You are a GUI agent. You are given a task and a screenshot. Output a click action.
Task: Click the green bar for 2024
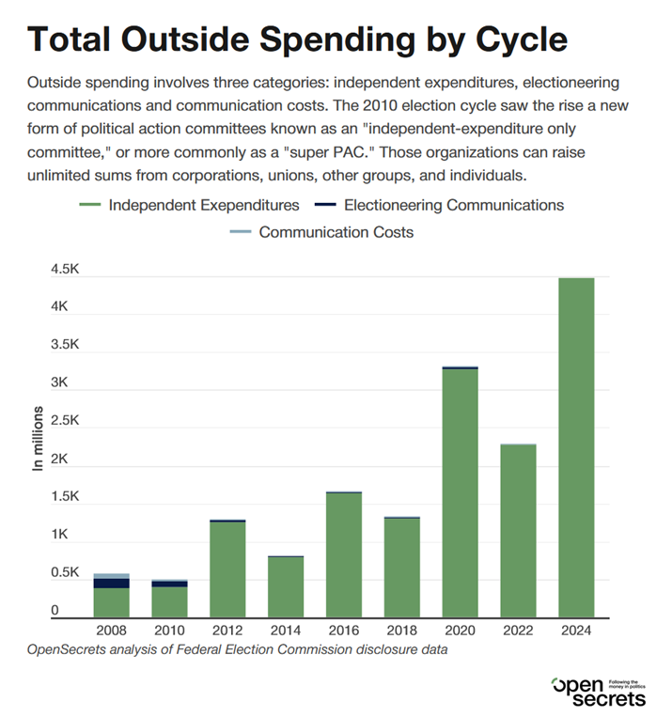click(576, 447)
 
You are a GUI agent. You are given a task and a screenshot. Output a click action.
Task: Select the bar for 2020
click(460, 492)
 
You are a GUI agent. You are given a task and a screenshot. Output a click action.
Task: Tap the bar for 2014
click(286, 586)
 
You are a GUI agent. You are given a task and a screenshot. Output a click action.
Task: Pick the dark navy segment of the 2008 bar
click(111, 583)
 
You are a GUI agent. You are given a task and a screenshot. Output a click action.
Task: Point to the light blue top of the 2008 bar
click(111, 576)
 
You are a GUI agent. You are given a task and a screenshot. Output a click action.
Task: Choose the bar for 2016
click(344, 554)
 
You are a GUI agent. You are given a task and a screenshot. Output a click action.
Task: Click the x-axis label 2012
click(227, 631)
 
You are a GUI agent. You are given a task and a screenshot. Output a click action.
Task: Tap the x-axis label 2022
click(518, 631)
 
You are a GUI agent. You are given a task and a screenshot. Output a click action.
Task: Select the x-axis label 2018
click(401, 631)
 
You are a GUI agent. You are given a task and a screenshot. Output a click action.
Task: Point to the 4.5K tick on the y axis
click(65, 269)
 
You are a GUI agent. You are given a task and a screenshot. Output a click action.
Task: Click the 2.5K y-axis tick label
click(65, 420)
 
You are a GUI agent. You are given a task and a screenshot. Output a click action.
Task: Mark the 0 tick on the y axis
click(55, 610)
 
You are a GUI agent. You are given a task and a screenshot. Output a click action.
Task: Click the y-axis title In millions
click(38, 438)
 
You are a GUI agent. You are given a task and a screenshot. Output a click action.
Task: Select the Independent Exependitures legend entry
click(189, 205)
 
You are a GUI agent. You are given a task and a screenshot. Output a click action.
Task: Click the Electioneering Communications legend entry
click(439, 205)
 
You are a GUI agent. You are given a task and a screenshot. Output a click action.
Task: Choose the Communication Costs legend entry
click(321, 232)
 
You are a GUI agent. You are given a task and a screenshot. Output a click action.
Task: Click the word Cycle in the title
click(522, 39)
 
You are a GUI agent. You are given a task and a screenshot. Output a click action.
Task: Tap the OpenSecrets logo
click(599, 692)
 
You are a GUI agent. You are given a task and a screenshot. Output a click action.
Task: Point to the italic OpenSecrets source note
click(238, 649)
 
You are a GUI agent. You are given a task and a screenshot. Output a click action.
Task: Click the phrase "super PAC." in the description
click(329, 152)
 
